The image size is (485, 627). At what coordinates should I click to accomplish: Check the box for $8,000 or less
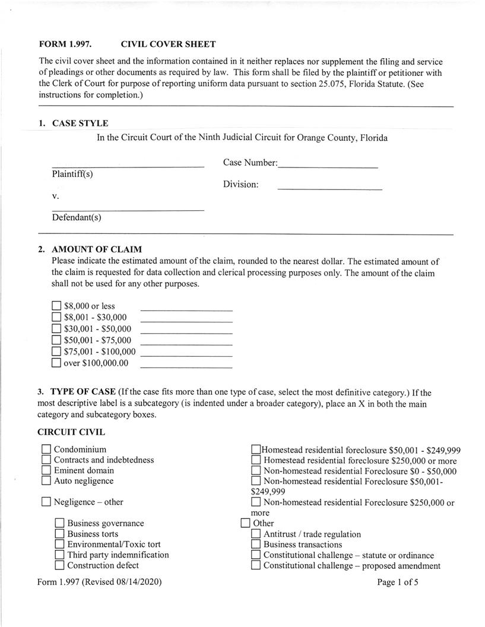pos(56,306)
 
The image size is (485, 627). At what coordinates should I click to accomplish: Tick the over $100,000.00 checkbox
pos(56,363)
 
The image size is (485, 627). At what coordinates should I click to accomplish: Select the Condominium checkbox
pos(46,449)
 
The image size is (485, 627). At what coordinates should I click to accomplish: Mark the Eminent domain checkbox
pos(46,470)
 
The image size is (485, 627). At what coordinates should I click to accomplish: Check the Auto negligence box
pos(46,481)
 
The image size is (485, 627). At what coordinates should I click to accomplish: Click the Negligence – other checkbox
pos(46,502)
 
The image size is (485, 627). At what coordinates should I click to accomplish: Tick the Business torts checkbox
pos(59,534)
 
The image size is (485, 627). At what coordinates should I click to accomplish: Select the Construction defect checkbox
pos(59,565)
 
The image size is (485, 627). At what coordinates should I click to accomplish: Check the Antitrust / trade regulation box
pos(256,534)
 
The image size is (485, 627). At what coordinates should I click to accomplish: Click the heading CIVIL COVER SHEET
pos(168,45)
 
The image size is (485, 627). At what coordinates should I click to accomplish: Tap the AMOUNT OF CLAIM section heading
pos(97,249)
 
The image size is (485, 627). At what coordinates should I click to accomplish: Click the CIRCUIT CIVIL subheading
pos(71,432)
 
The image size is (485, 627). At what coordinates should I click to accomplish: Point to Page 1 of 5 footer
pos(398,582)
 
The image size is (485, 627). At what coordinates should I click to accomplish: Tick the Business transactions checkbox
pos(256,544)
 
